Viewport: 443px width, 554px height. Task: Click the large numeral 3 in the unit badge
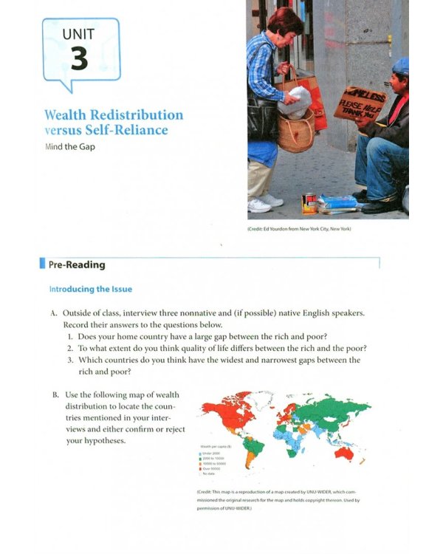79,58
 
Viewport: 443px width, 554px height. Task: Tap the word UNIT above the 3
79,33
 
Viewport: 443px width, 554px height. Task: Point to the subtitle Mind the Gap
71,146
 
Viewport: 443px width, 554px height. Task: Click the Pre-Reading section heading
76,264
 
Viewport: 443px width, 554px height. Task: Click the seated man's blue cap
400,66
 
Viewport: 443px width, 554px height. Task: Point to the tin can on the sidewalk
309,203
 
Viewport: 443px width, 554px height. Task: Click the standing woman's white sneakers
264,202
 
